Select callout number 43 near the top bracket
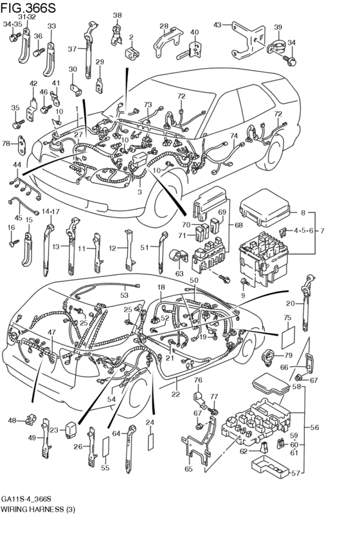(x=217, y=24)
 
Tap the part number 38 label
(x=117, y=15)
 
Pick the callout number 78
(x=6, y=143)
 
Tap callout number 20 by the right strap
(x=291, y=303)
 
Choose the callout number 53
(x=123, y=295)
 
